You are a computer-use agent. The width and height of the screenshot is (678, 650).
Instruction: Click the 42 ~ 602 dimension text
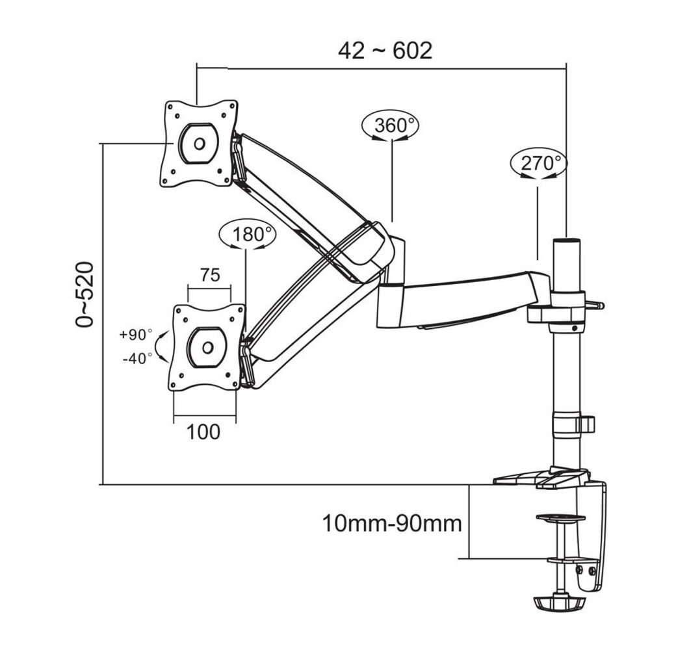click(385, 50)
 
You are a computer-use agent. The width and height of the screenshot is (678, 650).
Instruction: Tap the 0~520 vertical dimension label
click(85, 294)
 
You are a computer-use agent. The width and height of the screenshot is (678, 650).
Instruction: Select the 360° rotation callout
click(391, 125)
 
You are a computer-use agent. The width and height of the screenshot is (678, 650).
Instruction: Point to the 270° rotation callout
click(539, 162)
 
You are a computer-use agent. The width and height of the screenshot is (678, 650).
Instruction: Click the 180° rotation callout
click(247, 234)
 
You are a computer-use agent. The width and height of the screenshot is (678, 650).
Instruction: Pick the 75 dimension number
click(209, 275)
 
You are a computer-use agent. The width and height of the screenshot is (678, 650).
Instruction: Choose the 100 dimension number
click(203, 432)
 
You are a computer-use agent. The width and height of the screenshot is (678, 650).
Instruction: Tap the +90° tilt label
click(135, 335)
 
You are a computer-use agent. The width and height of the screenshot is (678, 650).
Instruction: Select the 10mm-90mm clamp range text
click(392, 523)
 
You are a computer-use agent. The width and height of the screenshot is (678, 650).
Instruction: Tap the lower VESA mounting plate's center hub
click(207, 347)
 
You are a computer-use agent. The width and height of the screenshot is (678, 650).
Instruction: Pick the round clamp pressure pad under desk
click(560, 517)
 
